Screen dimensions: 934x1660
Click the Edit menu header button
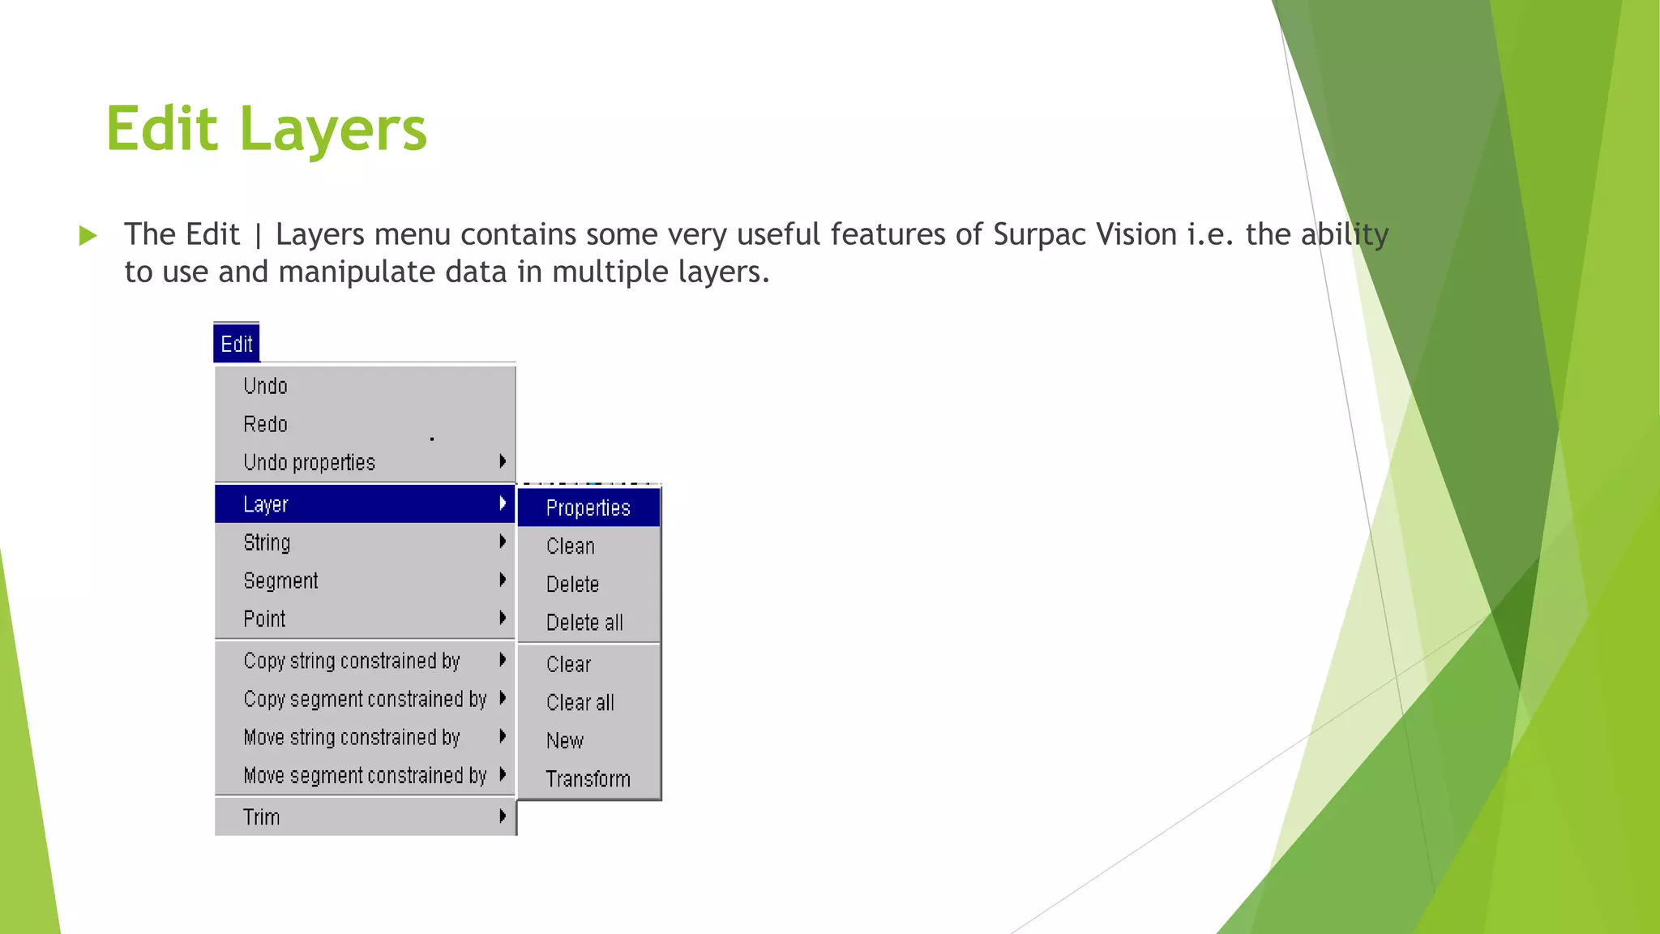[237, 344]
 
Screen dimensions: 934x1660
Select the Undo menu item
[266, 386]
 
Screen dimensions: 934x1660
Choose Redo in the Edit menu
[266, 424]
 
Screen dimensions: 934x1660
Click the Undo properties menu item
[310, 462]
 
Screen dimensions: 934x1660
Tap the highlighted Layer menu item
[266, 504]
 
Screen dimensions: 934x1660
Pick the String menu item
[267, 542]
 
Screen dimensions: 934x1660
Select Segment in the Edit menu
[280, 581]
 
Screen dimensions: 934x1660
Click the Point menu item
[264, 619]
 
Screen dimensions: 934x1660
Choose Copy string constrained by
[352, 661]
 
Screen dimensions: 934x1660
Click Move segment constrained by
[365, 776]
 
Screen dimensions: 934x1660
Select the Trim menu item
[262, 817]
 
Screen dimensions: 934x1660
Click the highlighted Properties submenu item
[588, 508]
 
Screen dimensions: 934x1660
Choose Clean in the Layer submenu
[571, 546]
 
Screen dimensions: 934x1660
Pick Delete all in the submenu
[584, 623]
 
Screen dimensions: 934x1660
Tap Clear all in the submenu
[580, 702]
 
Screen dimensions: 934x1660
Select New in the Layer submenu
[565, 740]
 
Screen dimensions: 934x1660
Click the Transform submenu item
[588, 779]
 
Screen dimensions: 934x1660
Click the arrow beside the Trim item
[503, 816]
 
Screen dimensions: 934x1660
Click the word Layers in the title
[333, 130]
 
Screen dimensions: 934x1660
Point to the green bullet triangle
[88, 236]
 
